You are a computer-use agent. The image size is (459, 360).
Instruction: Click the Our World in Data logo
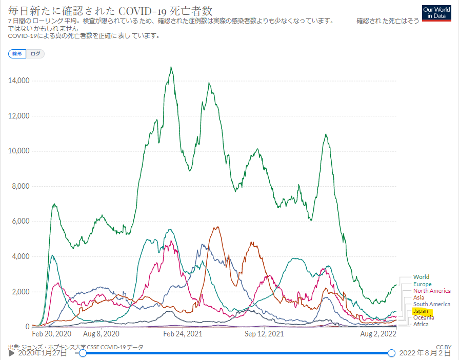coord(437,13)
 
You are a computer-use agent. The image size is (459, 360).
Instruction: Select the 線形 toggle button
coord(17,54)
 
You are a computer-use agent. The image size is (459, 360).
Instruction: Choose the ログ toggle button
coord(35,54)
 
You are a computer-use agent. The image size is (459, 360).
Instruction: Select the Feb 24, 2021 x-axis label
coord(182,334)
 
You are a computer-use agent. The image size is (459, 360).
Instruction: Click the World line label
coord(421,277)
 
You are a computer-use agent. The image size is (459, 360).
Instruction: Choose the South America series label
coord(431,304)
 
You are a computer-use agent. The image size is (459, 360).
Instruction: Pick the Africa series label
coord(421,324)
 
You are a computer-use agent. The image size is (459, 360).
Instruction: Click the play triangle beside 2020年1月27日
coord(11,353)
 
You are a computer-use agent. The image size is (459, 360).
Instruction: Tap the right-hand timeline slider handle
coord(391,353)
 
